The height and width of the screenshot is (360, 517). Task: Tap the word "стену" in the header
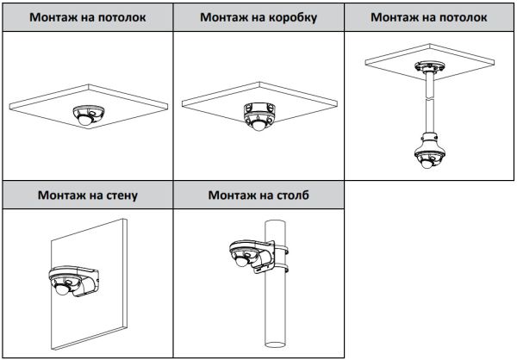coord(116,196)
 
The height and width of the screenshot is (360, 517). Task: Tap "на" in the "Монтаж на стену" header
coord(89,196)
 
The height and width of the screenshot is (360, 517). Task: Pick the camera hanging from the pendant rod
coord(428,155)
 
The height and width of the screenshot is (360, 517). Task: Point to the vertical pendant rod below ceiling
coord(428,103)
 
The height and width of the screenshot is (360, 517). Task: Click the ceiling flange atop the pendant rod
coord(427,69)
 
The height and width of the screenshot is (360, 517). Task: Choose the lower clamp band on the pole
coord(279,274)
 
